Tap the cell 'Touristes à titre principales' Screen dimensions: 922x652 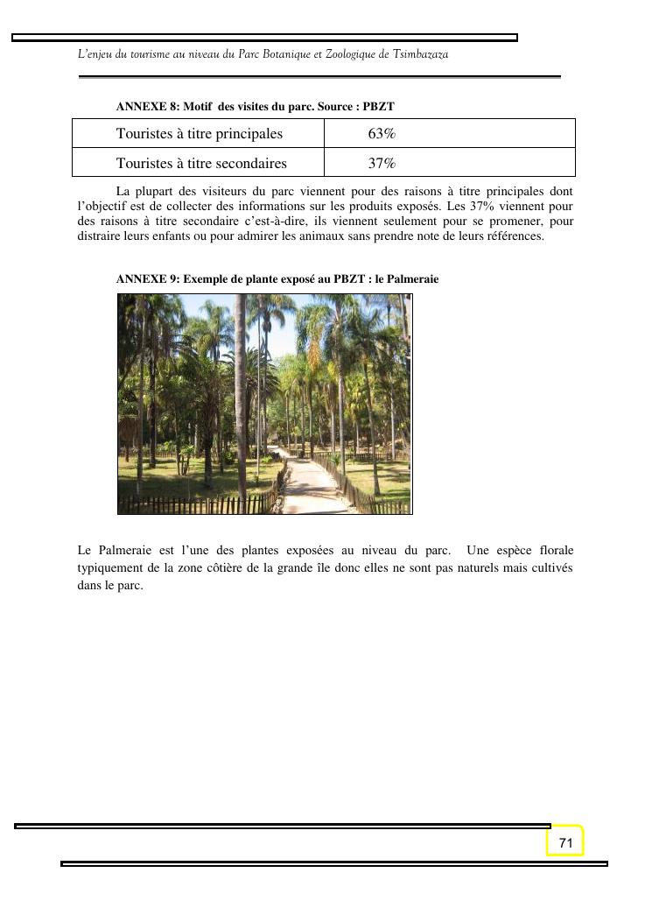(x=200, y=134)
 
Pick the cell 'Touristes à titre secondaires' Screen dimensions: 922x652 (x=201, y=163)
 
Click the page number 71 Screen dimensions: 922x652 (x=565, y=842)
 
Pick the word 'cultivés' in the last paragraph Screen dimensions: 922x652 (x=549, y=568)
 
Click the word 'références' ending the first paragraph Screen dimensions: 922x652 (x=515, y=236)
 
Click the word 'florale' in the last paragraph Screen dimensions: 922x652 (x=554, y=551)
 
